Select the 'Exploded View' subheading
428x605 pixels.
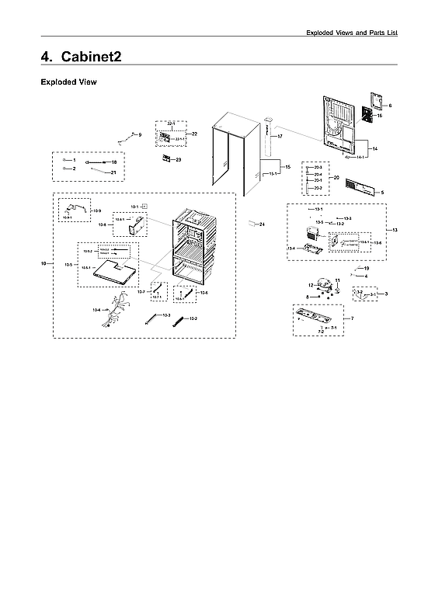click(68, 82)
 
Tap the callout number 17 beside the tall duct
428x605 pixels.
click(280, 137)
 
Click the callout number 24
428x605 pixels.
click(262, 224)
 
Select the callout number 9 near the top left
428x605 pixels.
click(140, 135)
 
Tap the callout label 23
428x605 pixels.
click(178, 159)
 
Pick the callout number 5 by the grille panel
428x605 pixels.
click(382, 192)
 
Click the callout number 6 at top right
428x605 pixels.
click(390, 105)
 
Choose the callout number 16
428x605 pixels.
click(380, 116)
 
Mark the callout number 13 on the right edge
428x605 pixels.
click(395, 231)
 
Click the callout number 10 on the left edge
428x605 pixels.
click(44, 265)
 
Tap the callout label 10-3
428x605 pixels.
click(167, 315)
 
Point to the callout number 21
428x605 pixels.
click(113, 172)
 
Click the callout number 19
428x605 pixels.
click(367, 268)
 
